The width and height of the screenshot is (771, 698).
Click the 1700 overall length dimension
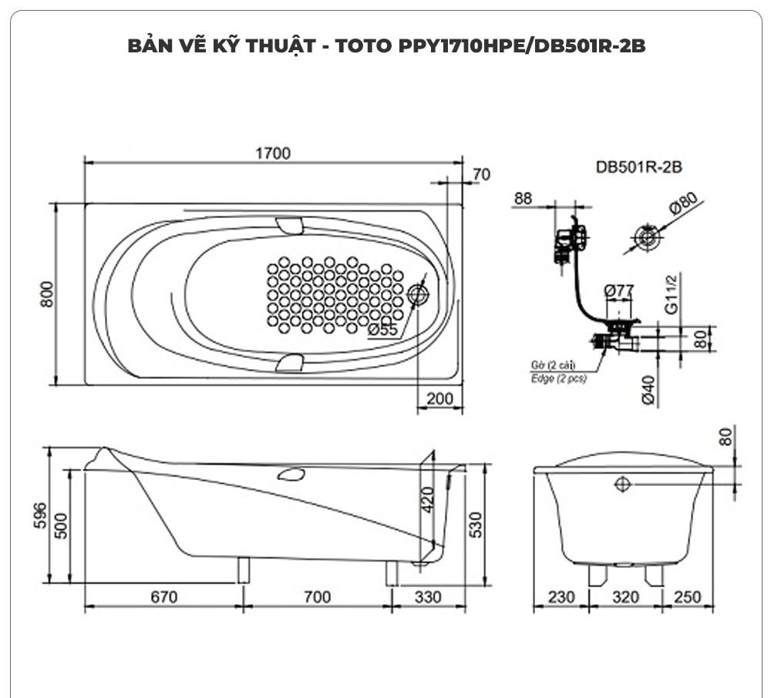[273, 153]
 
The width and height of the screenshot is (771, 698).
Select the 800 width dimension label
[47, 294]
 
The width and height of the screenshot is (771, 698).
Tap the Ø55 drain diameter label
[383, 330]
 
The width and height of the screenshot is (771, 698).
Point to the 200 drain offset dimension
[440, 399]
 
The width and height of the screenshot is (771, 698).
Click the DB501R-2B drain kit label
[639, 166]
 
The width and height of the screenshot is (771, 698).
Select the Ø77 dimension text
[619, 291]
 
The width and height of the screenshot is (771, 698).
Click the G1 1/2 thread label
[672, 294]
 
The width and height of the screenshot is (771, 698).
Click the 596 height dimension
[41, 515]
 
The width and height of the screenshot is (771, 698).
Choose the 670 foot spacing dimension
[164, 597]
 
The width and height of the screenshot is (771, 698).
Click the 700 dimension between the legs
[316, 597]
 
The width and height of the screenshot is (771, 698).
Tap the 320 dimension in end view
[625, 597]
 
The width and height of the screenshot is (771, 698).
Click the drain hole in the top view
[419, 294]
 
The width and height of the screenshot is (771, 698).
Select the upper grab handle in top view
[290, 225]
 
